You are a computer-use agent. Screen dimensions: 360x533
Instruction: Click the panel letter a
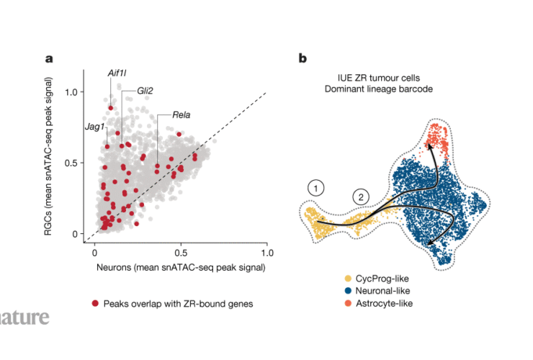click(48, 58)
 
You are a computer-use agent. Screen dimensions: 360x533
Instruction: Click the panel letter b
click(303, 58)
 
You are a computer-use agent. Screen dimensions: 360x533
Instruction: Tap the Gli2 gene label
click(144, 91)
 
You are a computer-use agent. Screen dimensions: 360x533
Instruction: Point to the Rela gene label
click(182, 114)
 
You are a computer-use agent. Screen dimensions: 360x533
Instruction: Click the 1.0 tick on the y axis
click(71, 92)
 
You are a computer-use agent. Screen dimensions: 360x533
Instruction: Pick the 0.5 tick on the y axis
click(71, 163)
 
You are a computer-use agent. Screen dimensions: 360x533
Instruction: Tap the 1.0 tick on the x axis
click(266, 253)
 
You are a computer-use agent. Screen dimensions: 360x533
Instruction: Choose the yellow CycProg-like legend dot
click(349, 278)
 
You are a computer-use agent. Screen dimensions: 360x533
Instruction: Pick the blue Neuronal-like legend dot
click(349, 291)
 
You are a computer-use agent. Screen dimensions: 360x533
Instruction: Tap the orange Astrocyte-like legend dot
click(349, 304)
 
